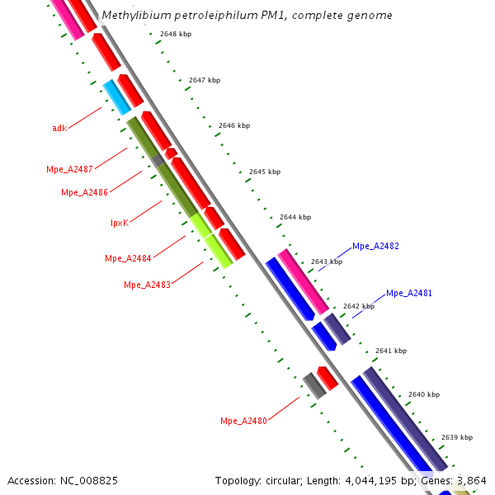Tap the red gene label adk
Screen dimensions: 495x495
tap(59, 128)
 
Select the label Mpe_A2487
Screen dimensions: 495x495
tap(69, 169)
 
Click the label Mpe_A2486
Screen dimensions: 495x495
tap(84, 192)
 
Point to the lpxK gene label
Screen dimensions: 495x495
tap(120, 223)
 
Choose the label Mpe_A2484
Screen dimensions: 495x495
tap(128, 258)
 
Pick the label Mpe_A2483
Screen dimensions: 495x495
tap(147, 285)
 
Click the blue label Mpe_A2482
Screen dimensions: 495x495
tap(375, 246)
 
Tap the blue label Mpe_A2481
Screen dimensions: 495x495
tap(409, 293)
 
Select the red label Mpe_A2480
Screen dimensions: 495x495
tap(243, 421)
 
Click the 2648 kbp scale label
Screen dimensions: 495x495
tap(176, 34)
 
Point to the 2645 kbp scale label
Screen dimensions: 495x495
tap(265, 172)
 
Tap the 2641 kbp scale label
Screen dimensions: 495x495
tap(391, 351)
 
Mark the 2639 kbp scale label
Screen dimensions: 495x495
tap(457, 437)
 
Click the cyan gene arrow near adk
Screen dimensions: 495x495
tap(117, 97)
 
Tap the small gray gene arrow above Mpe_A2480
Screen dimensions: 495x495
tap(313, 385)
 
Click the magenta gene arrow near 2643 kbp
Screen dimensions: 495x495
tap(302, 280)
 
